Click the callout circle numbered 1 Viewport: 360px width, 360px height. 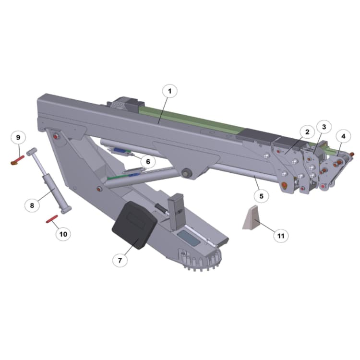tap(169, 90)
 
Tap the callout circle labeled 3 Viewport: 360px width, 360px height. tap(324, 127)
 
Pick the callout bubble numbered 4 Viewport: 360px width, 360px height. tap(343, 136)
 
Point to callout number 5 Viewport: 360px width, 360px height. tap(262, 196)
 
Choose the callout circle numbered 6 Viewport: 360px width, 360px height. tap(148, 162)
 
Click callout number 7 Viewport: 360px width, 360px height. tap(120, 260)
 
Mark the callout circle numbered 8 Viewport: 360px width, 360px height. tap(32, 205)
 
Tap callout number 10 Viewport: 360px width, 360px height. tap(63, 234)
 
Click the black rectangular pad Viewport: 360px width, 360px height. tap(134, 225)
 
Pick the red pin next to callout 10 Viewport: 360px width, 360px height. tap(52, 219)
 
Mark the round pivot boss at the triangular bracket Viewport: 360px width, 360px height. tap(186, 172)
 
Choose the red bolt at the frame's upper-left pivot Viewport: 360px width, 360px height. tap(58, 137)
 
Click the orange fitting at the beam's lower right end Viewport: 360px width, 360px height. tap(285, 185)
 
